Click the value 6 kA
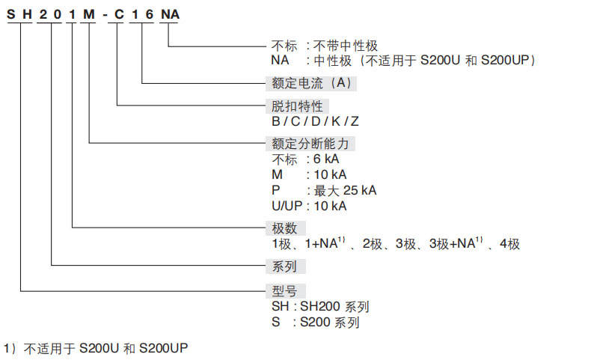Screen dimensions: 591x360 tap(327, 159)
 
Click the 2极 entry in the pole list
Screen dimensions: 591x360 tap(374, 244)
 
